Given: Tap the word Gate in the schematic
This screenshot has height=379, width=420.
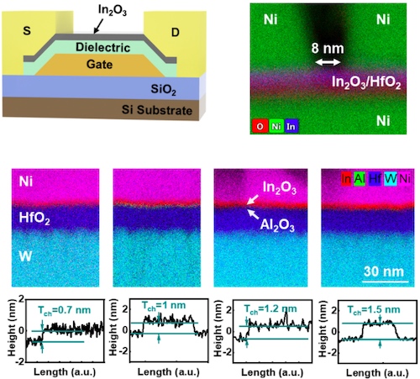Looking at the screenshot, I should point(99,65).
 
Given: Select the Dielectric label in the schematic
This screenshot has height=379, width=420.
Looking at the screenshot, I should point(99,48).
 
